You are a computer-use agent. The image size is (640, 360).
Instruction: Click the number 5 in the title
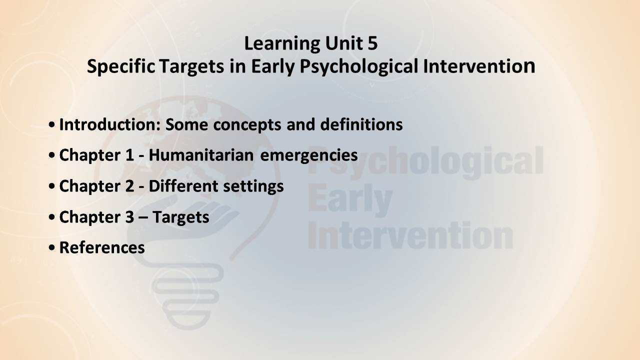[372, 43]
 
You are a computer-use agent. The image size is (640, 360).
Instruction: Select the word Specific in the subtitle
[121, 66]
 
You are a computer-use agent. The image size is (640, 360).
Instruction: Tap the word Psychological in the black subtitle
[359, 67]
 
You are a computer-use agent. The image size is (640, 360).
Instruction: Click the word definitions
[361, 124]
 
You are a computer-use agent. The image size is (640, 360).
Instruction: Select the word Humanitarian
[201, 155]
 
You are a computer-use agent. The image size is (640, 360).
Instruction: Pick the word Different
[183, 186]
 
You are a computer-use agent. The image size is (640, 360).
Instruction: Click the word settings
[253, 187]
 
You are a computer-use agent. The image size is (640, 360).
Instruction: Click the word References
[102, 247]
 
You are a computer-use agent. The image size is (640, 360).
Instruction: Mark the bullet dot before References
[51, 248]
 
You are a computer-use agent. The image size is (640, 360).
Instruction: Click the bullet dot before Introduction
[51, 125]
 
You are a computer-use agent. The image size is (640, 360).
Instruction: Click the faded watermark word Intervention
[410, 235]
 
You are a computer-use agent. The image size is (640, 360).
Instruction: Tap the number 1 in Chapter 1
[129, 155]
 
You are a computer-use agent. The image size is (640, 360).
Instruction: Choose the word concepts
[247, 125]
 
